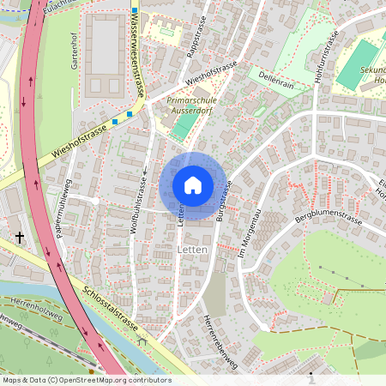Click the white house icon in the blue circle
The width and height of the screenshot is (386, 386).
[193, 185]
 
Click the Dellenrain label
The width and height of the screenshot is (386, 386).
[275, 80]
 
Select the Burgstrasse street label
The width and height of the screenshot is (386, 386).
[225, 202]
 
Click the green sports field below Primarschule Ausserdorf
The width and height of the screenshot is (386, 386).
[184, 125]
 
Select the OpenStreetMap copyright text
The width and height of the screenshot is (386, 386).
[86, 379]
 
